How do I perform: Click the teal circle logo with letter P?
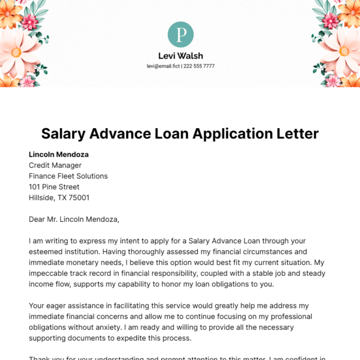tap(181, 35)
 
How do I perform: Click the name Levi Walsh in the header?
tap(181, 55)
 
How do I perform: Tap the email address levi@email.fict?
tap(160, 66)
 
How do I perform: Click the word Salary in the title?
tap(63, 133)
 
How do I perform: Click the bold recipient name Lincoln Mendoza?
tap(59, 154)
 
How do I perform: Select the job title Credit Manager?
tap(55, 165)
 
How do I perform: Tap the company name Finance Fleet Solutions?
tap(68, 176)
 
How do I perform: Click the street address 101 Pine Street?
tap(54, 187)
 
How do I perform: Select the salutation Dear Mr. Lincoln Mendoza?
tap(74, 220)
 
